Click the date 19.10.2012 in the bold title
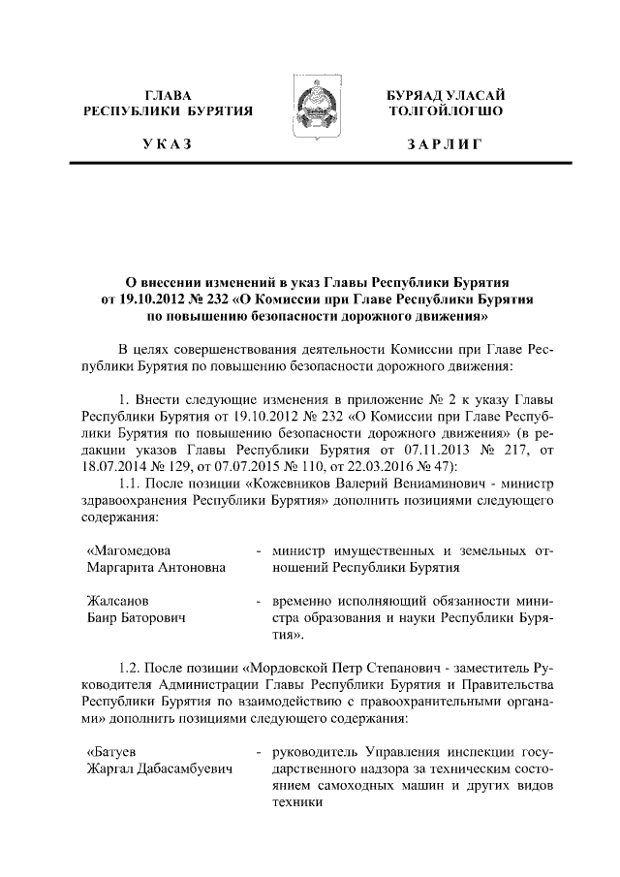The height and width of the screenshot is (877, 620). [152, 298]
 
